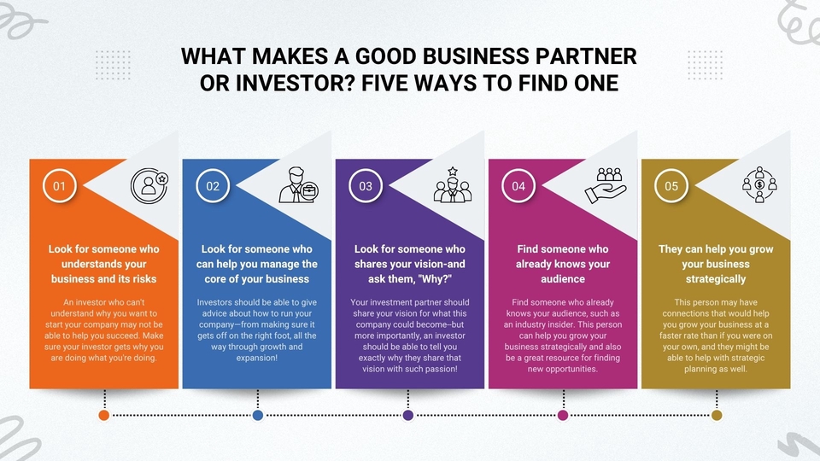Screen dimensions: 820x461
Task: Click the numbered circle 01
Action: pos(60,185)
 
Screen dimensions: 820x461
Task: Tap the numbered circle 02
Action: pos(213,185)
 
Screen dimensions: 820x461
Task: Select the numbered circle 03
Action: pos(366,185)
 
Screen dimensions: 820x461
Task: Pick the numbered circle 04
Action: pos(518,185)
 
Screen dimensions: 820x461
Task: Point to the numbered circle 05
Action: pos(671,185)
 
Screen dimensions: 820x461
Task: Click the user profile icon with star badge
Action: pos(149,185)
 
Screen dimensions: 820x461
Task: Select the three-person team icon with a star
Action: pos(453,185)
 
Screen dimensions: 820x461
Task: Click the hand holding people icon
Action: pos(606,185)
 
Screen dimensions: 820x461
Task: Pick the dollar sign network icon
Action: pos(759,184)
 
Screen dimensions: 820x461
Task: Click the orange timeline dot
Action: pos(104,415)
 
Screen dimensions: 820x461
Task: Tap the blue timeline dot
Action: pos(258,415)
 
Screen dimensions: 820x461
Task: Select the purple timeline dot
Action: pos(408,415)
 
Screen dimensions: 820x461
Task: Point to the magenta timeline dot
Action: pos(563,415)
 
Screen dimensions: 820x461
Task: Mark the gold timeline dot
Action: pos(717,415)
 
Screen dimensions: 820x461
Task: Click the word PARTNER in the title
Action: pos(586,56)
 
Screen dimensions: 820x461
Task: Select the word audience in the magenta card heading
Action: pos(563,279)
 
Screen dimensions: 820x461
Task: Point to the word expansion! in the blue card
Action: pos(257,358)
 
